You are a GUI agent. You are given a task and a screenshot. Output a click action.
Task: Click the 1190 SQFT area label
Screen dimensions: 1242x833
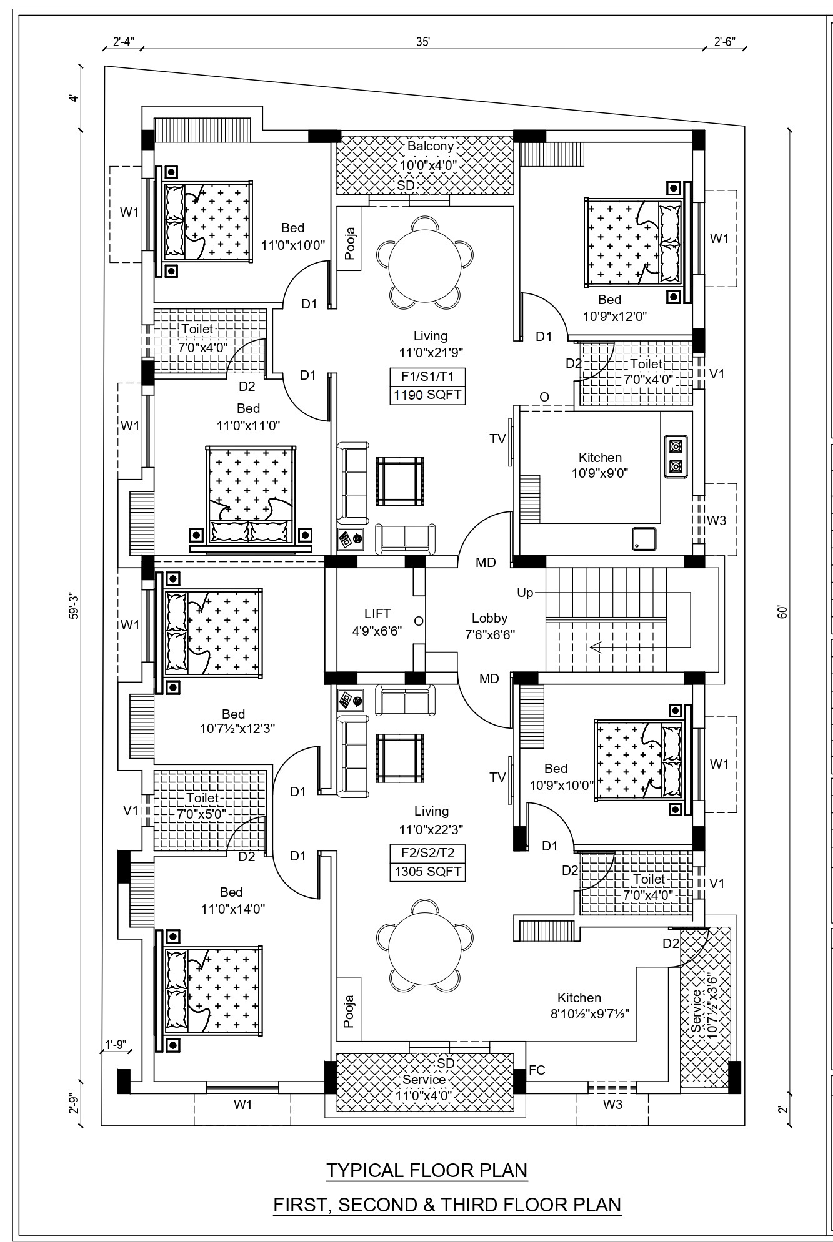point(428,396)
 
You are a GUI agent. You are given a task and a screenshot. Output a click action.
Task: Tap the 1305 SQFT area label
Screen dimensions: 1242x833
point(428,872)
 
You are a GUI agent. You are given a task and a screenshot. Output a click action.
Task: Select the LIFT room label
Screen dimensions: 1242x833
point(377,614)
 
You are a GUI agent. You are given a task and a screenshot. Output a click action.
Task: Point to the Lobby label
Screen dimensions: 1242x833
point(489,618)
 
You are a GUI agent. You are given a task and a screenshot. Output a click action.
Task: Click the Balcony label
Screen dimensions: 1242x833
point(431,146)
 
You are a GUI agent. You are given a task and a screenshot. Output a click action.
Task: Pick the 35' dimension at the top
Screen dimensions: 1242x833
point(423,42)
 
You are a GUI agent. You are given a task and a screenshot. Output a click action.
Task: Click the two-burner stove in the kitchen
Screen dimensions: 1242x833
point(675,456)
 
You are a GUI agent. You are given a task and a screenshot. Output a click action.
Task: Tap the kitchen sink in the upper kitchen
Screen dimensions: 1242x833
point(643,538)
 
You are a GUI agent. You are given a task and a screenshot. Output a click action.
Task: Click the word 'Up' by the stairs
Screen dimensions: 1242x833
point(525,592)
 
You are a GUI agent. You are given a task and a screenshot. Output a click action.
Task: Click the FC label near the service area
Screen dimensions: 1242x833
point(537,1070)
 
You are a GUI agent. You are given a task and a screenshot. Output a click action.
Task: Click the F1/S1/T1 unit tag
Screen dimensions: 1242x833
point(428,377)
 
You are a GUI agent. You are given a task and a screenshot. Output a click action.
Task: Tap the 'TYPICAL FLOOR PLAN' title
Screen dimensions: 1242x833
point(427,1170)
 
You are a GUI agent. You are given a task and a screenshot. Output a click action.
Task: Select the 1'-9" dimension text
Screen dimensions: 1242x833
point(116,1043)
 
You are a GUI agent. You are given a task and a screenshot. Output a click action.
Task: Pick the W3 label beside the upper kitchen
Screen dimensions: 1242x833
point(717,520)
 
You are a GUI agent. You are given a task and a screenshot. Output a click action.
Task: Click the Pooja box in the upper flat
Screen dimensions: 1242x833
point(349,243)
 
